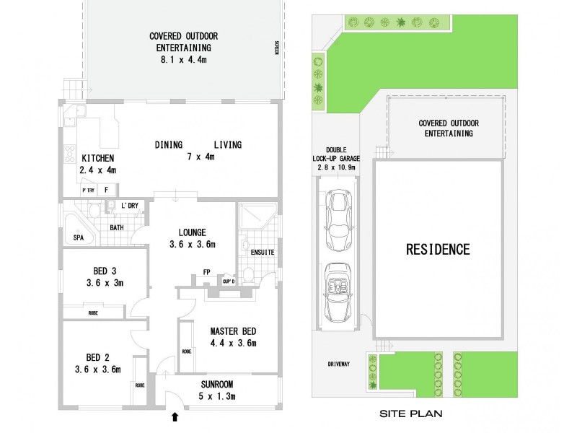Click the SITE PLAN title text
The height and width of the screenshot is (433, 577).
tap(411, 414)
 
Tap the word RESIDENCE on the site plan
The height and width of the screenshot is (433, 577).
tap(438, 250)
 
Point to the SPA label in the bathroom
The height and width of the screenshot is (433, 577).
tap(78, 237)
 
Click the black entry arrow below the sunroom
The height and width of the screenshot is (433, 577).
tap(173, 416)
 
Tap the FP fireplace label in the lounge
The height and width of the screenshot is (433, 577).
tap(206, 273)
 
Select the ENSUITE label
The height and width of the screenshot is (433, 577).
tap(261, 252)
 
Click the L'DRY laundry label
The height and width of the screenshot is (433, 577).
tap(129, 206)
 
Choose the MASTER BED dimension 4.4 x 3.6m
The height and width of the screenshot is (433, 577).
tap(234, 344)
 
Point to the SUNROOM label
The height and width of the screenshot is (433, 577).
tap(217, 384)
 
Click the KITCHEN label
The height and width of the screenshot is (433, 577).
tap(98, 159)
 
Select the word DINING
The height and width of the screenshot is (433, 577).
tap(169, 145)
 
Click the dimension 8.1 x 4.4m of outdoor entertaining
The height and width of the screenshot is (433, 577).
tap(183, 59)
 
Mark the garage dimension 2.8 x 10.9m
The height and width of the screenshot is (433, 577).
tap(337, 167)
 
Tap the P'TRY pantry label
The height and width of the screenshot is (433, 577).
tap(89, 190)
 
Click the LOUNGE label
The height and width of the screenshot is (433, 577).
tap(193, 232)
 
